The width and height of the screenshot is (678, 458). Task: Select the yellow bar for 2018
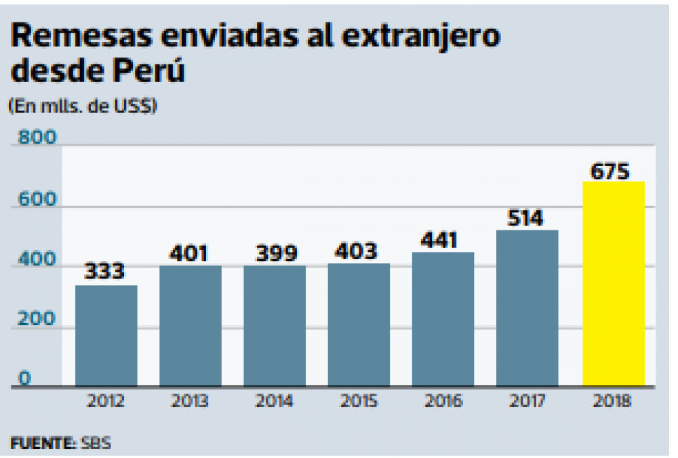614,285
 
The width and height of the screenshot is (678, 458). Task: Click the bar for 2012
106,336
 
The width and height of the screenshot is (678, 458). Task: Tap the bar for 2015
359,325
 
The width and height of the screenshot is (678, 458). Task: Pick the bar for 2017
527,308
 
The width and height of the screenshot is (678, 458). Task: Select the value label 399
275,253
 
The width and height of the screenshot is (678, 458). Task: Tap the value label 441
439,240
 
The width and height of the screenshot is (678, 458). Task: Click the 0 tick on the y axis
24,379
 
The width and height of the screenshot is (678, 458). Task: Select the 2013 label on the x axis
191,401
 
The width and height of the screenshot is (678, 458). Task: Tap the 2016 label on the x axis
443,401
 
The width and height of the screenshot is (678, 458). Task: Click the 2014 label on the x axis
275,401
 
